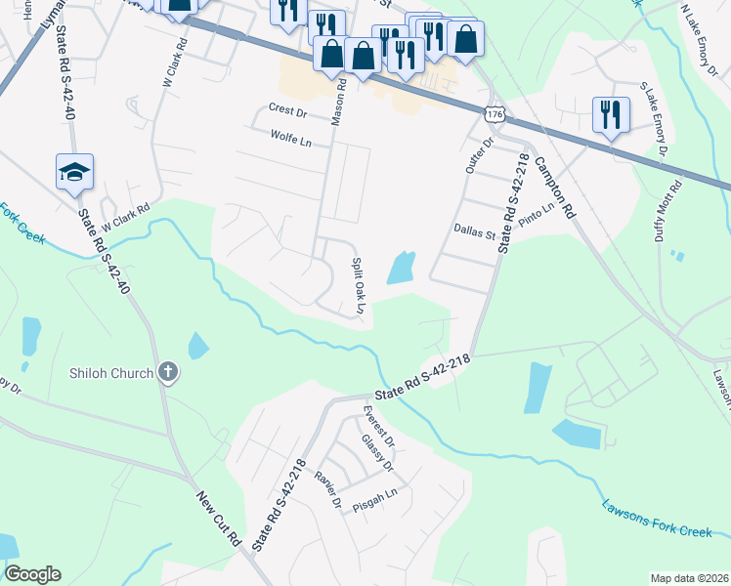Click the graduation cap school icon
point(75,172)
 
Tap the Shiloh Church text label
point(111,373)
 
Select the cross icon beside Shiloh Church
point(168,372)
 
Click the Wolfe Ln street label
point(290,142)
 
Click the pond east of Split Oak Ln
point(401,268)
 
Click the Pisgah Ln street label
point(377,495)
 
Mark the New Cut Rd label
point(221,519)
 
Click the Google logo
point(32,573)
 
